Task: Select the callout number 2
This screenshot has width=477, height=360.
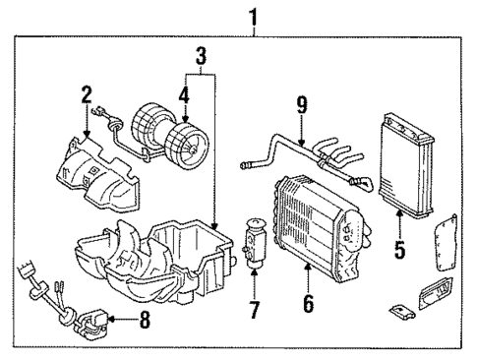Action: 87,95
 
